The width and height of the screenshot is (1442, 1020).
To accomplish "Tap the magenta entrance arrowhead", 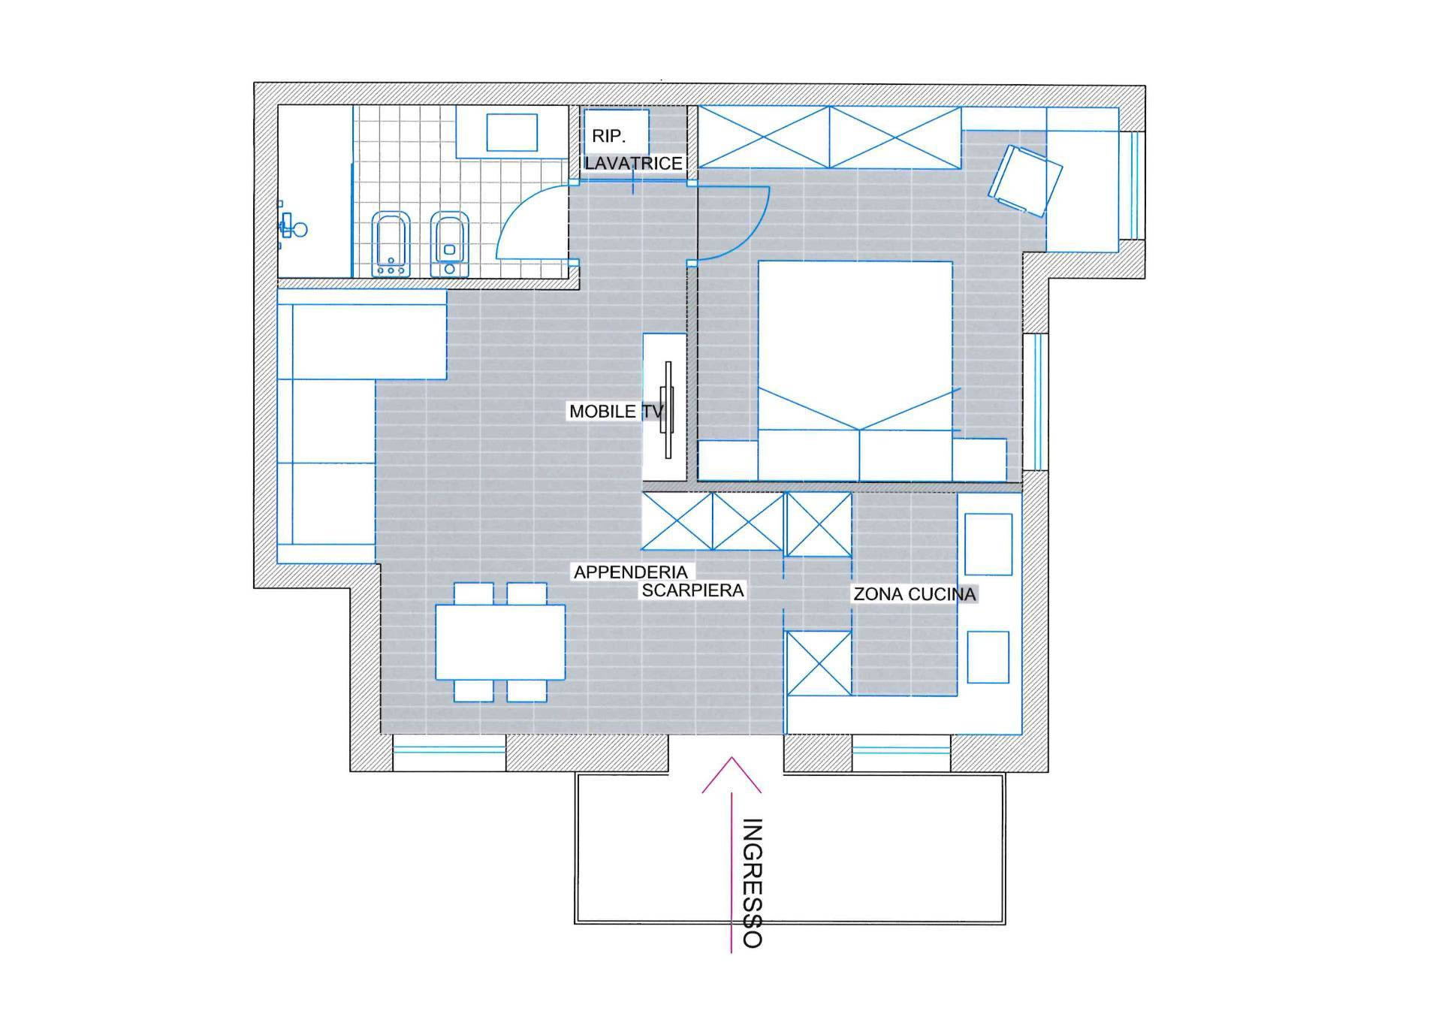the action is click(732, 774).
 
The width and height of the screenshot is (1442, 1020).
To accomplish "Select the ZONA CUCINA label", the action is click(915, 594).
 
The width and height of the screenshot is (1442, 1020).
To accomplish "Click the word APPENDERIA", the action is click(631, 572).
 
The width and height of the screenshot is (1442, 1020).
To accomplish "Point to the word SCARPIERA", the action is click(692, 590).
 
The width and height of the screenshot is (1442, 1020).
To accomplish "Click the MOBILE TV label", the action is click(616, 412).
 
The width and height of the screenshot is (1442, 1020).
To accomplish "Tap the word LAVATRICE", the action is click(634, 163).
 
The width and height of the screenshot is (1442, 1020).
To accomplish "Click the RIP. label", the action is click(608, 136).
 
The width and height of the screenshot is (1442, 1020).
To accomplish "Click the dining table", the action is click(500, 642).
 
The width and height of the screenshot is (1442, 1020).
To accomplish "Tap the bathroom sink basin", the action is click(511, 132).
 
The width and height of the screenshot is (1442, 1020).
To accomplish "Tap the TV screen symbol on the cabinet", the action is click(667, 409).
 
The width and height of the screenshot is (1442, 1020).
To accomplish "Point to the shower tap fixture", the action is click(291, 225).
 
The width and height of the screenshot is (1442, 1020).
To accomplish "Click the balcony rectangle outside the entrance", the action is click(790, 849).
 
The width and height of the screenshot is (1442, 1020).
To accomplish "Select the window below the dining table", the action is click(449, 749).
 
